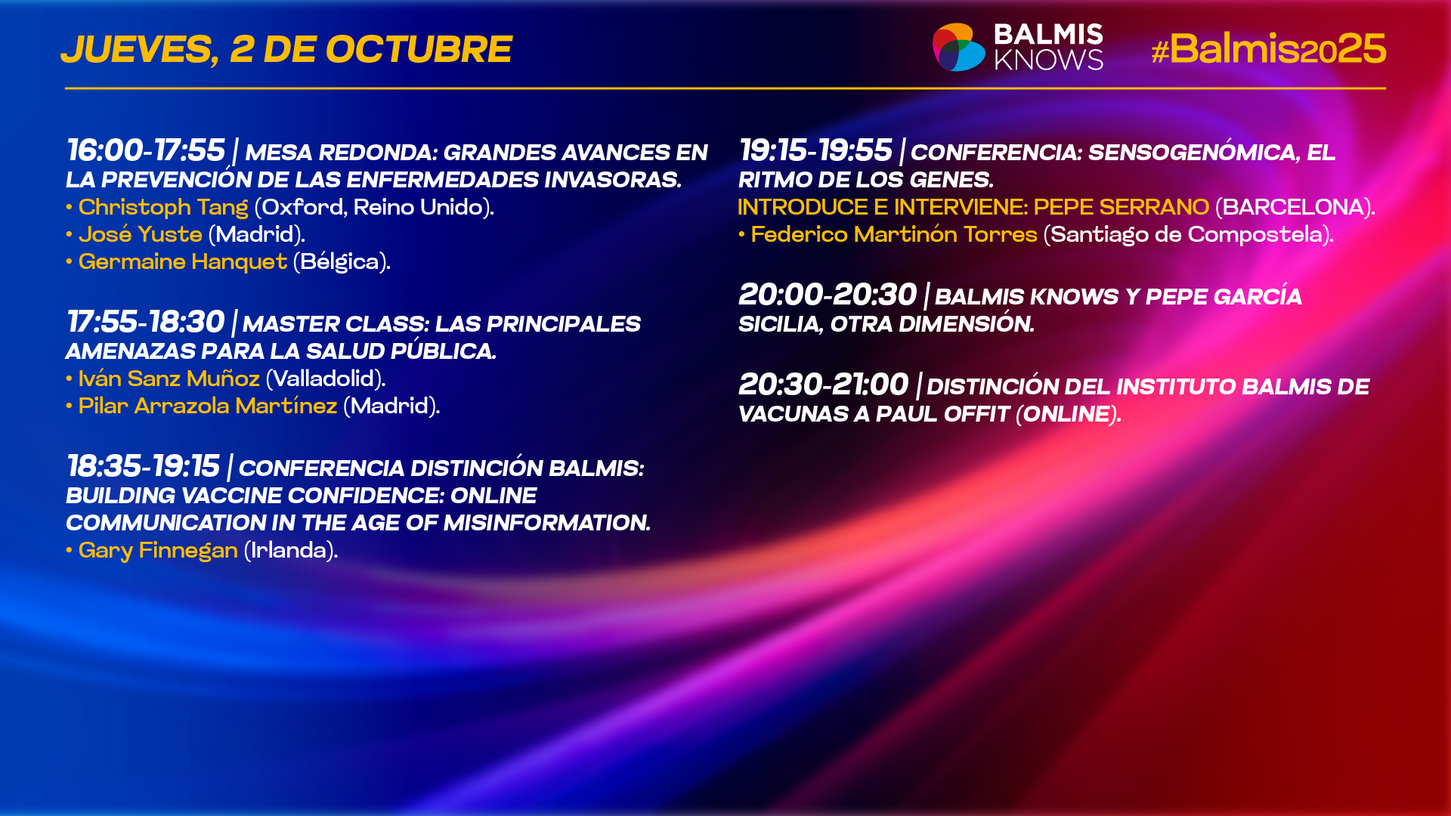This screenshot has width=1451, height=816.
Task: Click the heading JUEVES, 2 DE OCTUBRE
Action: (x=286, y=50)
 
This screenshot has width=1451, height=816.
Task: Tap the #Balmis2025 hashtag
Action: (x=1268, y=49)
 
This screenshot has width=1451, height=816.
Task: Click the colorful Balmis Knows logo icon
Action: (x=958, y=48)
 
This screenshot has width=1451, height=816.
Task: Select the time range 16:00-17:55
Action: (x=146, y=150)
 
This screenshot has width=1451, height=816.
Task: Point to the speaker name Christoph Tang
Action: (x=163, y=207)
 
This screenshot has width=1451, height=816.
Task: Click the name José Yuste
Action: (x=141, y=234)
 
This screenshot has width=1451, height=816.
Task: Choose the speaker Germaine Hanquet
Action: (x=183, y=261)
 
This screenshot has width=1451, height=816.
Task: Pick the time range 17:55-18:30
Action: (x=146, y=322)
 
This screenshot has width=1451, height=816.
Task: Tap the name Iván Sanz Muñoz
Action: (x=169, y=379)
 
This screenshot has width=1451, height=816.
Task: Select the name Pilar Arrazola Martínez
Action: (x=208, y=406)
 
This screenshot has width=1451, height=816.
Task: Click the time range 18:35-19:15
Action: (x=144, y=466)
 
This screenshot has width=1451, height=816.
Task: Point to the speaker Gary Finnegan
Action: (x=158, y=550)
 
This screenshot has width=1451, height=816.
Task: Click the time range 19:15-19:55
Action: (x=815, y=150)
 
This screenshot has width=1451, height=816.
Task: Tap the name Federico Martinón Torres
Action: (x=894, y=234)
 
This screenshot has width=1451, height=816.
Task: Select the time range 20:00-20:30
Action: (x=828, y=295)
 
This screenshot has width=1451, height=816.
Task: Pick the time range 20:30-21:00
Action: (x=824, y=385)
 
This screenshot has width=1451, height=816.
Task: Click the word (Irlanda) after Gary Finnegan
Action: (x=291, y=550)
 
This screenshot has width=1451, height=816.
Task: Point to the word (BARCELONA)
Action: (x=1295, y=207)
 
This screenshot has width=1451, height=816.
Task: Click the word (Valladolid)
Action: (x=326, y=379)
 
